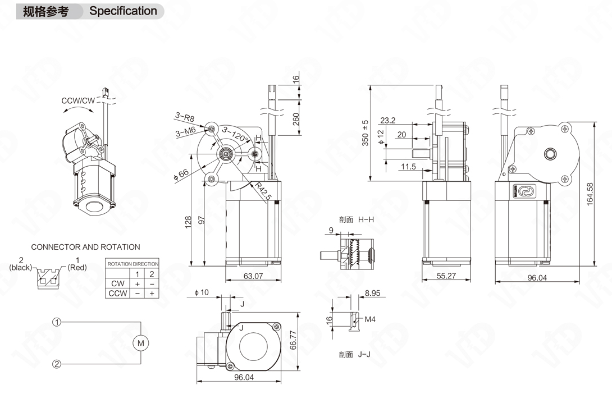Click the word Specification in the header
click(x=123, y=11)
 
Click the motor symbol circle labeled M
click(x=140, y=342)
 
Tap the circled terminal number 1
click(x=57, y=322)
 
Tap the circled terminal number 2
click(x=57, y=364)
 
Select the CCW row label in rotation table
click(x=118, y=293)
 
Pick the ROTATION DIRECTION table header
click(x=133, y=264)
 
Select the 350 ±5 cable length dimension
click(x=365, y=133)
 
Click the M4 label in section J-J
click(x=370, y=319)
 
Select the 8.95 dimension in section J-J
click(x=372, y=293)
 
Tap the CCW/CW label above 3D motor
click(x=79, y=101)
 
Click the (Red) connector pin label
click(x=77, y=268)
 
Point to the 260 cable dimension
click(x=296, y=118)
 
